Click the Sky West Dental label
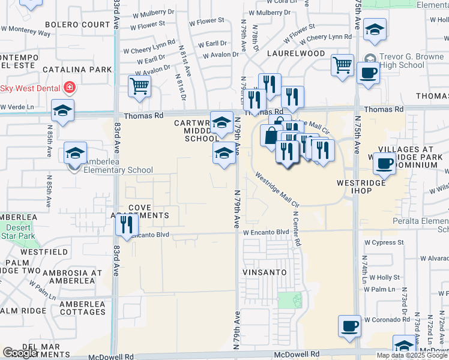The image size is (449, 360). [x=31, y=88]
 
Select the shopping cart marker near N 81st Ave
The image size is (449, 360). [x=139, y=86]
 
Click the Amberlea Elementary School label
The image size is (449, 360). [x=110, y=170]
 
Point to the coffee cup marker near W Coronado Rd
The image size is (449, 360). [x=349, y=326]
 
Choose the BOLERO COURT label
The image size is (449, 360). [x=76, y=25]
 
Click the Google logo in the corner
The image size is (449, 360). [x=20, y=352]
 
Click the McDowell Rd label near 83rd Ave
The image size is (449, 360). [x=111, y=356]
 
